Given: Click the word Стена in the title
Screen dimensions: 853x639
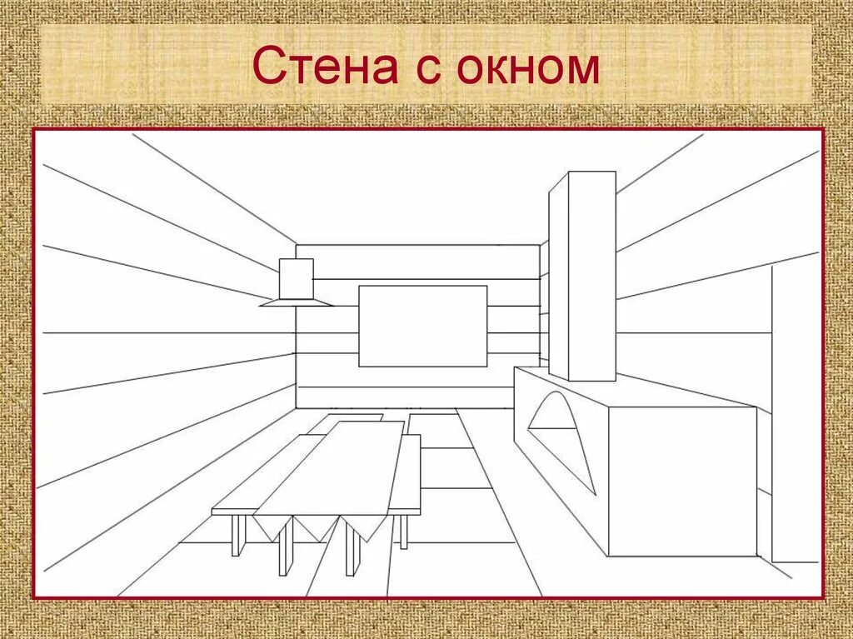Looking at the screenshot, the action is coord(325,67).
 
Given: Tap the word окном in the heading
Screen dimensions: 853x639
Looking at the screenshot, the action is coord(528,67).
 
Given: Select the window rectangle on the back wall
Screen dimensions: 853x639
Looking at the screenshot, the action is coord(422,326).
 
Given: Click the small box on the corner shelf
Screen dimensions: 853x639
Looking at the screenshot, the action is coord(296,278).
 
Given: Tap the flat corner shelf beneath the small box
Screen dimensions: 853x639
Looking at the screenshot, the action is coord(296,303).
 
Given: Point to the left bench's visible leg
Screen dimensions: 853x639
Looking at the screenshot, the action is coord(237,534).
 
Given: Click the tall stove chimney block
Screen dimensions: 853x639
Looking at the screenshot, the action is coord(582,275).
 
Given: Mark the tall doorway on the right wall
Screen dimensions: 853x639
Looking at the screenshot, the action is coord(795,417).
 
